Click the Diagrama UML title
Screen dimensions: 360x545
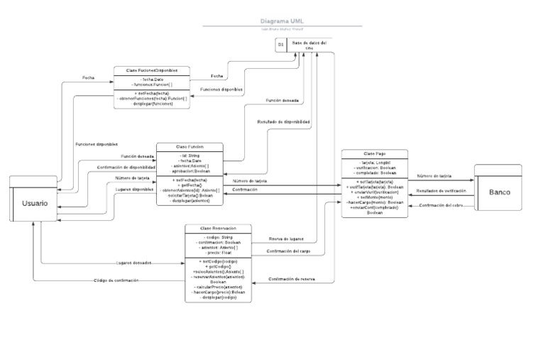click(x=282, y=22)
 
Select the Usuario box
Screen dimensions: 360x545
click(x=35, y=203)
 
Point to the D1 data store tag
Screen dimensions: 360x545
click(x=281, y=45)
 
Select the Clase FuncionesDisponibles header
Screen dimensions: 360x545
click(x=151, y=70)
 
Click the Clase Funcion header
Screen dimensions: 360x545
click(x=189, y=146)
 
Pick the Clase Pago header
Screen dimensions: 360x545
click(x=374, y=153)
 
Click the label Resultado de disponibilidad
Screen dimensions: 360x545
click(x=283, y=122)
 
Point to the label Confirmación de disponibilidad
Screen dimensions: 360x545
click(x=126, y=167)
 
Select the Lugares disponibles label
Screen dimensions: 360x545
click(x=133, y=190)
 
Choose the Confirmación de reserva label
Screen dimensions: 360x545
click(x=292, y=279)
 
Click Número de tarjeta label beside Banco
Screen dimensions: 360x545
click(x=434, y=175)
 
